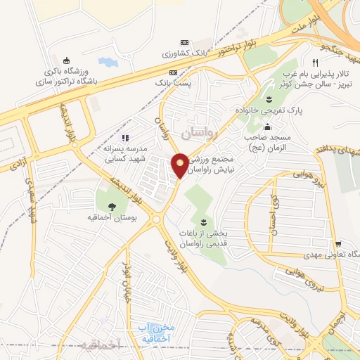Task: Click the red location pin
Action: tap(180, 165)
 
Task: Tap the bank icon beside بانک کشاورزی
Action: tap(185, 42)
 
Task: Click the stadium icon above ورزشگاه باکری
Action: tap(67, 60)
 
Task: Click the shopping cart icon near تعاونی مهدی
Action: tap(338, 242)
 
